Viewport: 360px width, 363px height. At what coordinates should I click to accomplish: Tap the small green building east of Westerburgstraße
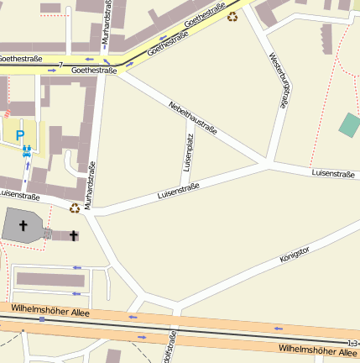[x=349, y=124]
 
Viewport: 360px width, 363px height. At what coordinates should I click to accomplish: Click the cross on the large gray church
[x=23, y=226]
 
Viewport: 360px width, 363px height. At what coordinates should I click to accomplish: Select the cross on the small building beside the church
[x=74, y=236]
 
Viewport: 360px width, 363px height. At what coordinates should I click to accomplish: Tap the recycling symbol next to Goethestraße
[x=232, y=16]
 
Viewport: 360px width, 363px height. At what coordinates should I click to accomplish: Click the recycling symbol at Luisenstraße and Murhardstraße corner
[x=75, y=208]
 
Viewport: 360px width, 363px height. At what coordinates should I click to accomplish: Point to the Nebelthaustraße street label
[x=192, y=118]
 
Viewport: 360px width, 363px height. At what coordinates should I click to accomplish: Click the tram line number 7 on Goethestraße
[x=60, y=64]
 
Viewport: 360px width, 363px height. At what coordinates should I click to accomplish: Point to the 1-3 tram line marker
[x=352, y=343]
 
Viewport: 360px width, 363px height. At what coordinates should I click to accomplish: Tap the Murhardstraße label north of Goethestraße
[x=107, y=23]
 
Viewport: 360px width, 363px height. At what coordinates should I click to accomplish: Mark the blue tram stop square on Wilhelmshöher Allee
[x=41, y=319]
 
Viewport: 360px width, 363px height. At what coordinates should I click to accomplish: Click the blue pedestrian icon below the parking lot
[x=27, y=151]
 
